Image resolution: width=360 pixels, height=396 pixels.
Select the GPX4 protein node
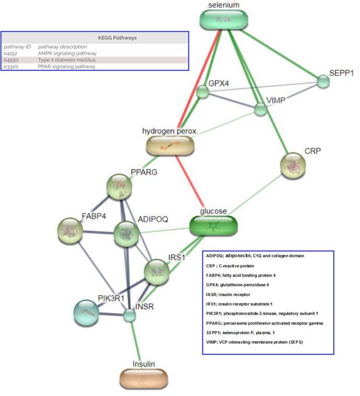point(203,92)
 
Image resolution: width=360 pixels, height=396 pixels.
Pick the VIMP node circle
point(261,109)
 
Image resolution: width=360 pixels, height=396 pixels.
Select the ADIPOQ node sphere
point(126,235)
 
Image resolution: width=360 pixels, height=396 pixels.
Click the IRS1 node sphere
point(157,273)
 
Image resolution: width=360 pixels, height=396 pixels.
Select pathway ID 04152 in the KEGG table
point(11,54)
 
